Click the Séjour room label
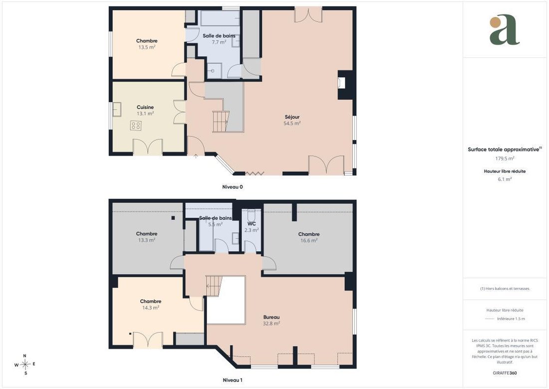(292, 117)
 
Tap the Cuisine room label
(145, 107)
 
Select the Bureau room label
(272, 317)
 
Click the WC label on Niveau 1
(252, 223)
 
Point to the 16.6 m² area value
(309, 240)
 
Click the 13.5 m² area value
(147, 47)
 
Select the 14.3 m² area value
(151, 307)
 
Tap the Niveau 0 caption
(233, 187)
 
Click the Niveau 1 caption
(233, 380)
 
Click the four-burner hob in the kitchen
(136, 125)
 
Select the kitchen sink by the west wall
(117, 109)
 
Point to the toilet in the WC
(252, 214)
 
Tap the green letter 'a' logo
(504, 30)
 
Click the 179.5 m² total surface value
(505, 158)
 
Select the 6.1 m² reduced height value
(505, 179)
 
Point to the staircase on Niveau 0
(221, 121)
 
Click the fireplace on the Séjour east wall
(344, 84)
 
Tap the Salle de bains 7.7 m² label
(219, 39)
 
